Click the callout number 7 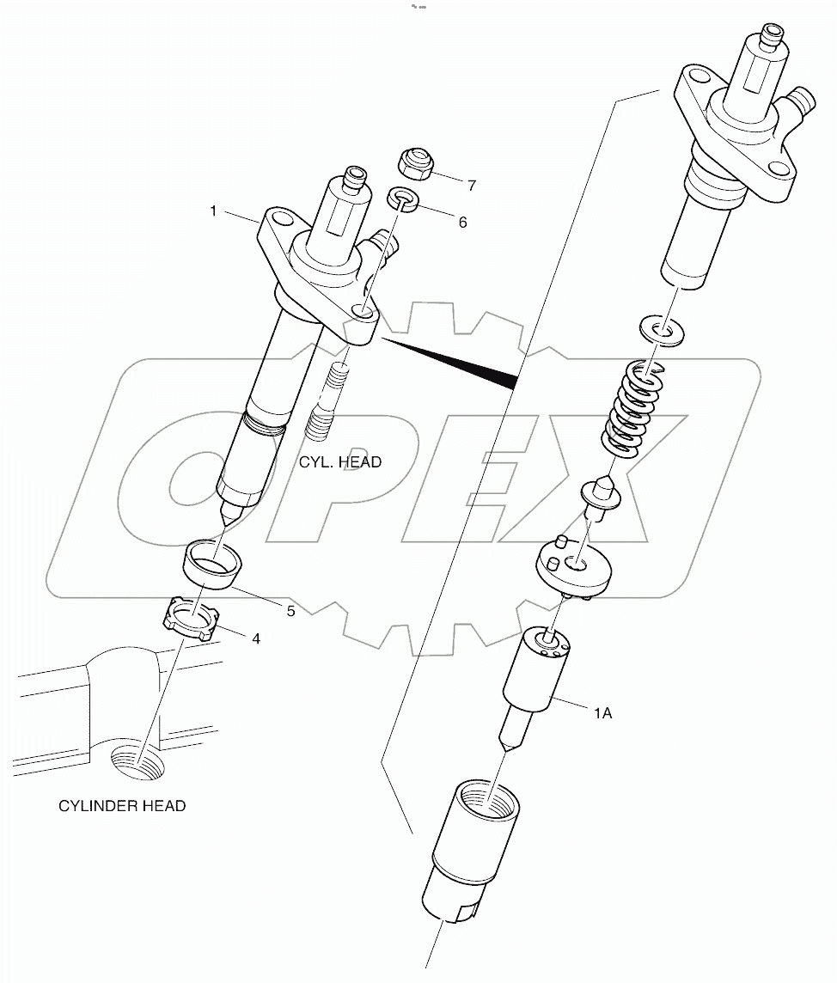[x=472, y=185]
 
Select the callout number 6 [x=462, y=222]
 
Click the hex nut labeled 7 [x=414, y=164]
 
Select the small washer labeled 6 [x=402, y=199]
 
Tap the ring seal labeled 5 [x=213, y=564]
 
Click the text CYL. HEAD [x=340, y=461]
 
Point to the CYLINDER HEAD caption [x=122, y=805]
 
